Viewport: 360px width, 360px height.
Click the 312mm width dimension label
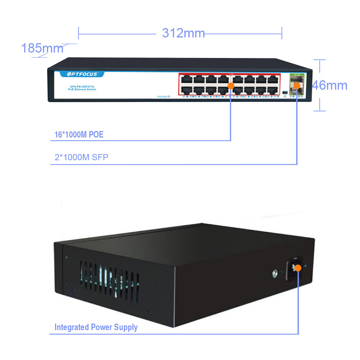183,33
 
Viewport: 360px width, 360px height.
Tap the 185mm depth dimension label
42,48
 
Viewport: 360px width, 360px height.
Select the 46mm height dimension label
330,85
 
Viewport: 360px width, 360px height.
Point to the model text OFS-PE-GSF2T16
82,86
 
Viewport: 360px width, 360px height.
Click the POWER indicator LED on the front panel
169,96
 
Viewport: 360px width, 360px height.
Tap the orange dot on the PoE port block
231,85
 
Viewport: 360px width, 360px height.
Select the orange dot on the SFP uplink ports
297,85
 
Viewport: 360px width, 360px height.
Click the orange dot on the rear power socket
298,267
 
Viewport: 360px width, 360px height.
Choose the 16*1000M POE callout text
79,135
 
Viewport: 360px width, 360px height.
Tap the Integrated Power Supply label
96,327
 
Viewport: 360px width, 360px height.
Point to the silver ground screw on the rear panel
275,274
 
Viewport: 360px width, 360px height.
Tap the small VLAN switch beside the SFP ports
285,93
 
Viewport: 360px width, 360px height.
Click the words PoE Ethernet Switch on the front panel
82,89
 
